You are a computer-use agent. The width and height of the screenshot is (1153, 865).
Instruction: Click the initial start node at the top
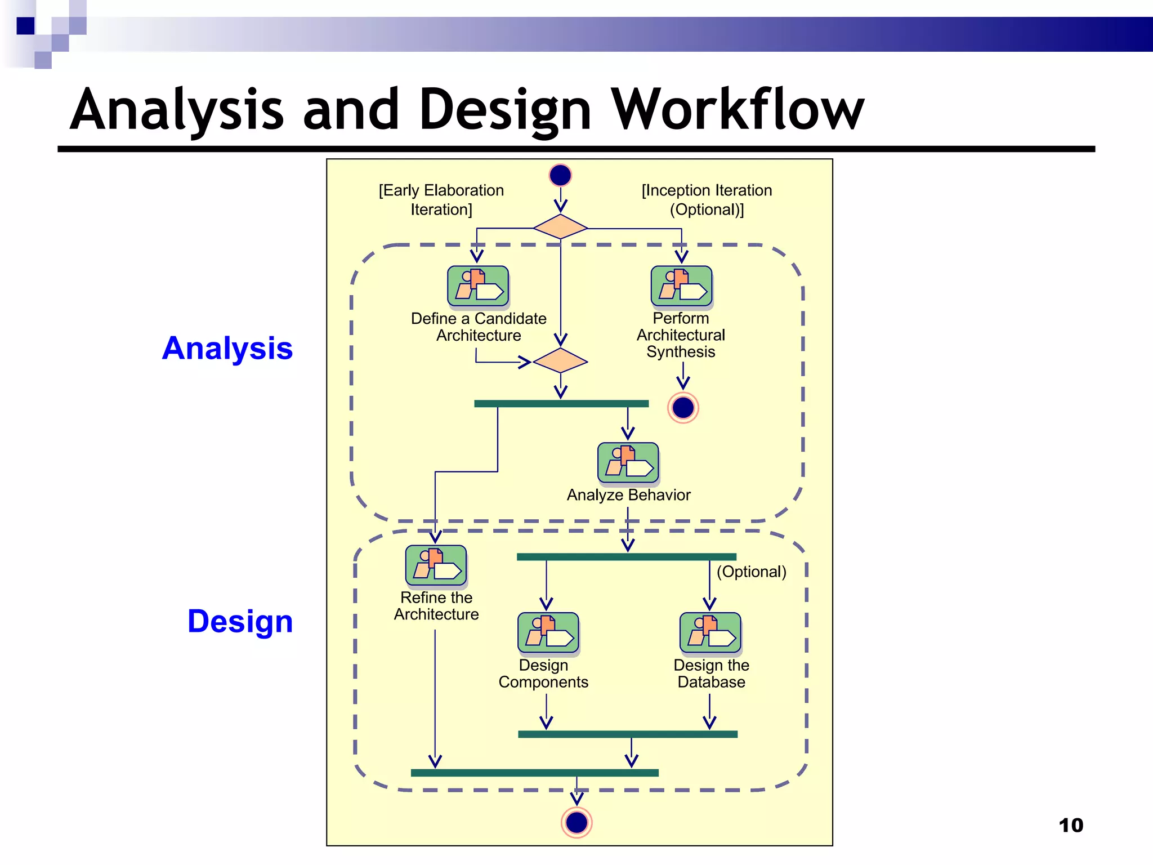560,175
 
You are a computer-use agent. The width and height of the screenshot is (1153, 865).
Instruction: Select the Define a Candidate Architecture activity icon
478,286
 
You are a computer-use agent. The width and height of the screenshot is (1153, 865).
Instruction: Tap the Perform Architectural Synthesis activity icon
681,286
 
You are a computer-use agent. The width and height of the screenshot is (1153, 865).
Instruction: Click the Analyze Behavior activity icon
628,463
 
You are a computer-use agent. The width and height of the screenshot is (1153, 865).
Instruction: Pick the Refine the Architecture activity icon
436,565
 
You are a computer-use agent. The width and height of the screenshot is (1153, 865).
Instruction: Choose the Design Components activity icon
548,633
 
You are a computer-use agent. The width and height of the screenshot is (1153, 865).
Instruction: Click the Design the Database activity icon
710,633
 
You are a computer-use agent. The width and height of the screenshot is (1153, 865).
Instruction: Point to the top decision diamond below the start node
560,226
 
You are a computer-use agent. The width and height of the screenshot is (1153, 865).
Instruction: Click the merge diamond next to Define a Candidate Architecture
560,360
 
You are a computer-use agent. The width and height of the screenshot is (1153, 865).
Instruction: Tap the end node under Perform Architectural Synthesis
683,408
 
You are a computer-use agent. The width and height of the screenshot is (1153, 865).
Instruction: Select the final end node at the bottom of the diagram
576,823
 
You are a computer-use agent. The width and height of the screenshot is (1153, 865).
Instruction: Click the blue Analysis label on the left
227,348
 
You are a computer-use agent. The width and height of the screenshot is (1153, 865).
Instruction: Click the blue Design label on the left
240,621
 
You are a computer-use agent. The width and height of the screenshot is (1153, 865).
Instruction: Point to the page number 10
1071,826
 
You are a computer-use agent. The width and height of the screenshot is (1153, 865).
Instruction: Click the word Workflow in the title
738,110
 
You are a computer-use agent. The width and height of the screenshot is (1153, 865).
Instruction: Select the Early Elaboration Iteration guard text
441,199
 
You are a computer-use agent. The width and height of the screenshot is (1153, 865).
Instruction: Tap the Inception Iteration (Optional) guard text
707,199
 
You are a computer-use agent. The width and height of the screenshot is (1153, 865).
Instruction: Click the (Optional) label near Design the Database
751,572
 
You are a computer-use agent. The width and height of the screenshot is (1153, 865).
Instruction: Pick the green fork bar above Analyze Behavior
561,404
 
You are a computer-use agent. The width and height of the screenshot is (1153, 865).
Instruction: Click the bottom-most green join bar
534,773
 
